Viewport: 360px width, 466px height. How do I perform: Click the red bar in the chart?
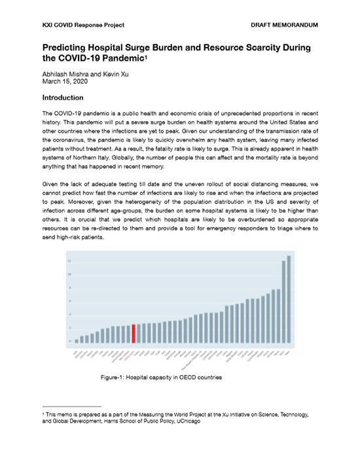coord(134,332)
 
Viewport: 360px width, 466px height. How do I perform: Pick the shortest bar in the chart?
coord(77,340)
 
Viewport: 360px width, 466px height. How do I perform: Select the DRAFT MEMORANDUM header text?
coord(285,25)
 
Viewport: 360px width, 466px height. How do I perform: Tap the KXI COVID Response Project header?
coord(83,25)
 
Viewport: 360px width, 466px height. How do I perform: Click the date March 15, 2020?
coord(63,81)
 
